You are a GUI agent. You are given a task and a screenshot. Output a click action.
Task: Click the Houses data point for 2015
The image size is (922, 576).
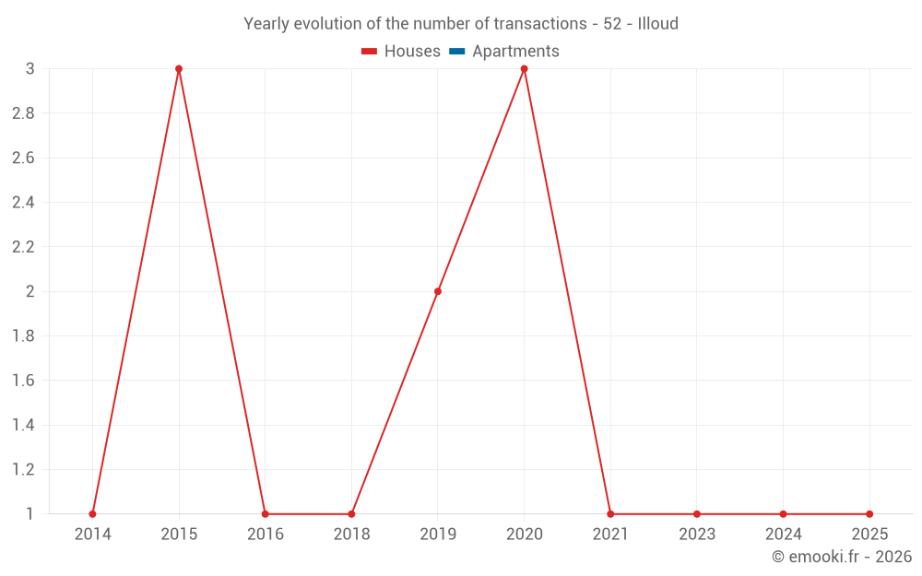[179, 69]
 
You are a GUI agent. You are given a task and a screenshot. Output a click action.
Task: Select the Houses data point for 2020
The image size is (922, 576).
[525, 69]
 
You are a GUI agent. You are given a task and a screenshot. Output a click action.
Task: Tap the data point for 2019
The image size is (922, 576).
[438, 291]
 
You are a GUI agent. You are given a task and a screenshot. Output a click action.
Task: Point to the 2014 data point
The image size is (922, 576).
[92, 514]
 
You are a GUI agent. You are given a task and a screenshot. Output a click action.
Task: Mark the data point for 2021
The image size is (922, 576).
[610, 514]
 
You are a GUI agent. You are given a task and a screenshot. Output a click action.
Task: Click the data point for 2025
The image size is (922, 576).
[869, 514]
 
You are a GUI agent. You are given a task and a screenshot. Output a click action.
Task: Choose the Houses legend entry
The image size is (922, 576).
[401, 52]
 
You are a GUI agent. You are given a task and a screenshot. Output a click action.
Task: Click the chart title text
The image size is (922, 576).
[460, 24]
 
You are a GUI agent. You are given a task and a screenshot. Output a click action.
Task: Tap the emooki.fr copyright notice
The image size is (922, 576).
[841, 557]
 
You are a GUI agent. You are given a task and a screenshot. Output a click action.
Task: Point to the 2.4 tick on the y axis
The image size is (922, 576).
[23, 203]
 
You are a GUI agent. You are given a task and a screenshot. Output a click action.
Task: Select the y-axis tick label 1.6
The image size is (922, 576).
[23, 381]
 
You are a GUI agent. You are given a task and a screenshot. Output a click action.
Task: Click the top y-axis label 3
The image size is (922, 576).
[30, 69]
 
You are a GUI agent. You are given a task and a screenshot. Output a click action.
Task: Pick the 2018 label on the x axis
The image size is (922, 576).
[351, 535]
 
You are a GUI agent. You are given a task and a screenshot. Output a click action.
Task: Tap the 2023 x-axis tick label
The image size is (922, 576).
[697, 535]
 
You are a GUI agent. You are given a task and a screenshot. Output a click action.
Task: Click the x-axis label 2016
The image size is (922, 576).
[265, 535]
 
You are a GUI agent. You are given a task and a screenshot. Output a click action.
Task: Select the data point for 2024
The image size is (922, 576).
[783, 514]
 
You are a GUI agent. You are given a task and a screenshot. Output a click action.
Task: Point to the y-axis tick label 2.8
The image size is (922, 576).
[23, 113]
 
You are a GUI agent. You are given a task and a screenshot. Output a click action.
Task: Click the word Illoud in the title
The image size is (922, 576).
[657, 24]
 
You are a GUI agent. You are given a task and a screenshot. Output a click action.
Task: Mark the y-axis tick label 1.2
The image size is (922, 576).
[23, 470]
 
